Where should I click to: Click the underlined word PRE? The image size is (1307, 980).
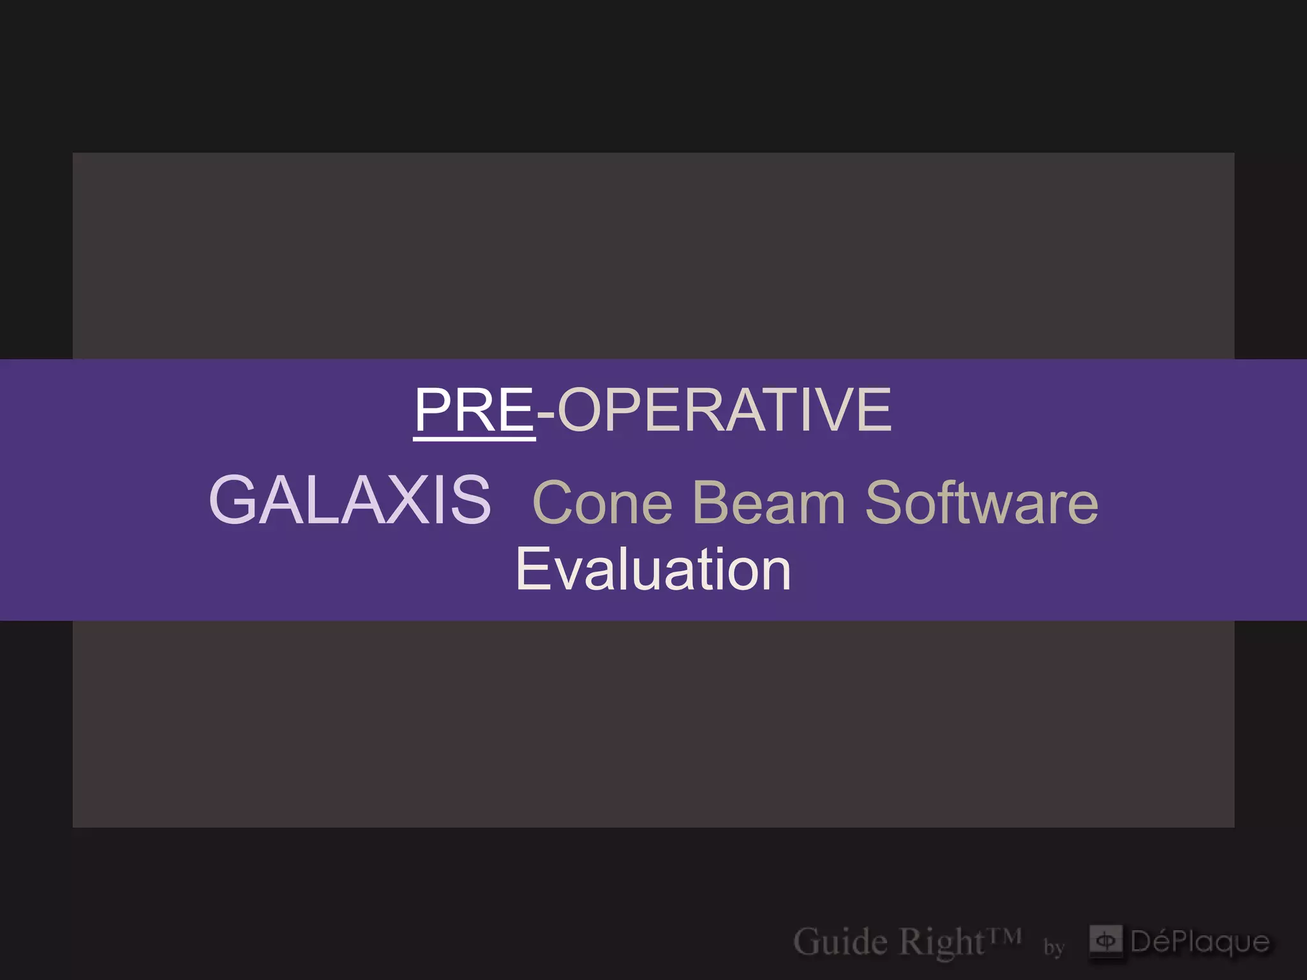click(474, 410)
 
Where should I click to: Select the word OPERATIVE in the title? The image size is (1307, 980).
click(724, 410)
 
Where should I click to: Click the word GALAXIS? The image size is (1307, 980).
click(350, 500)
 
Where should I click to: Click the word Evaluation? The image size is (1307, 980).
click(653, 569)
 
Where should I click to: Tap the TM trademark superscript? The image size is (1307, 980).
click(1005, 935)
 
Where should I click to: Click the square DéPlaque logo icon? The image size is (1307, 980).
click(1105, 940)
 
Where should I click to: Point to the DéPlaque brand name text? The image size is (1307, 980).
click(1200, 942)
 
